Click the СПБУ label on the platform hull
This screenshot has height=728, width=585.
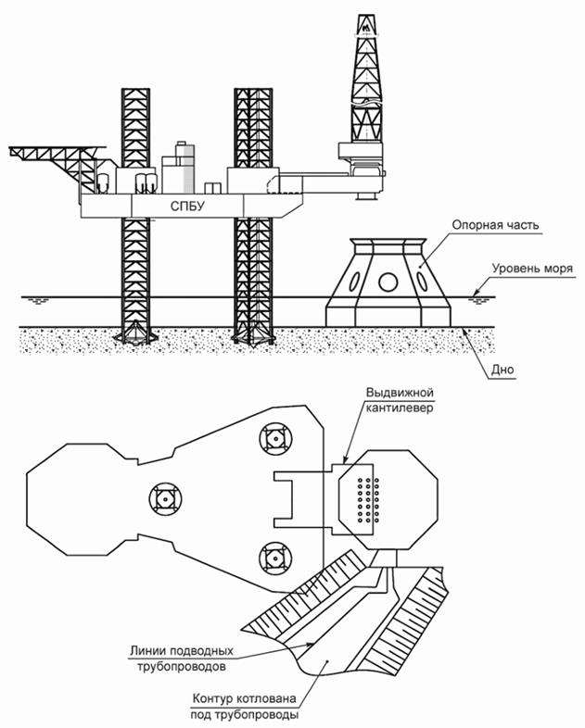(187, 206)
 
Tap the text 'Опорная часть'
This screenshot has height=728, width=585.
(495, 225)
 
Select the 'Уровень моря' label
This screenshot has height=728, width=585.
(532, 269)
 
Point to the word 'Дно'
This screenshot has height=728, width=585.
(502, 370)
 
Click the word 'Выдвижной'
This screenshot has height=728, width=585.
(400, 393)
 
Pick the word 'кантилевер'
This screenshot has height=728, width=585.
(400, 408)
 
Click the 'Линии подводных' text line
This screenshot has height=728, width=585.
(182, 651)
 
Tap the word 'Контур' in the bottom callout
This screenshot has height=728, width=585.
(213, 698)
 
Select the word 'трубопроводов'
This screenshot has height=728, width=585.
(182, 667)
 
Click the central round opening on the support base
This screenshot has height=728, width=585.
(388, 282)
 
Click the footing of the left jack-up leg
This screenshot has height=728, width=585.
(135, 333)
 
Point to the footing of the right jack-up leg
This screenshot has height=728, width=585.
(252, 335)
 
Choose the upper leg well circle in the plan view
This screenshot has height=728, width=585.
(275, 438)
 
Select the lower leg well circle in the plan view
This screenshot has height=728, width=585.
(275, 558)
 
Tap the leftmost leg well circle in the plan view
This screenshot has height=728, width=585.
(165, 499)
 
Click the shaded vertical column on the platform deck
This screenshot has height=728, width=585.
(188, 169)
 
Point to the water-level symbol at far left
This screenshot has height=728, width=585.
(38, 301)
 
